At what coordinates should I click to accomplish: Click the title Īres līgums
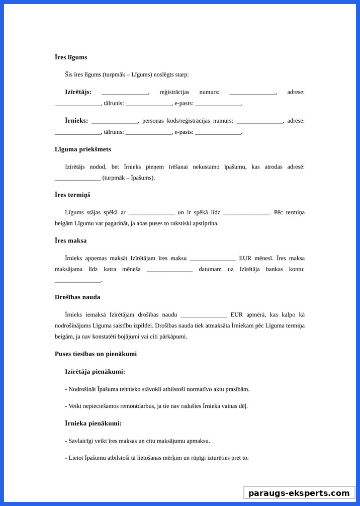[71, 57]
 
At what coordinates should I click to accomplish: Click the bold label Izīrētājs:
[78, 92]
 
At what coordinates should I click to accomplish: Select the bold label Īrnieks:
[76, 121]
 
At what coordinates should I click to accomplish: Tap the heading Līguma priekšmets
[83, 149]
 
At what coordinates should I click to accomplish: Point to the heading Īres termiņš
[72, 195]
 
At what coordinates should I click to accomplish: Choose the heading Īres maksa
[70, 241]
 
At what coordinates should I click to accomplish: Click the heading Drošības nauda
[77, 297]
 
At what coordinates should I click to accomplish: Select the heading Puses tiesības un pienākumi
[96, 354]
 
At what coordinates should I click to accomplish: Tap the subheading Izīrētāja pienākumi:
[95, 372]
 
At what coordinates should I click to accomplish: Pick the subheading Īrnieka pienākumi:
[93, 424]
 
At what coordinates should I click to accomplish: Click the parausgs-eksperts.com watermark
[299, 493]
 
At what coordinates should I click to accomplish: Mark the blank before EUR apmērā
[204, 315]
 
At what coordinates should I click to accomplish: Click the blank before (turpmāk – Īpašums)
[78, 179]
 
